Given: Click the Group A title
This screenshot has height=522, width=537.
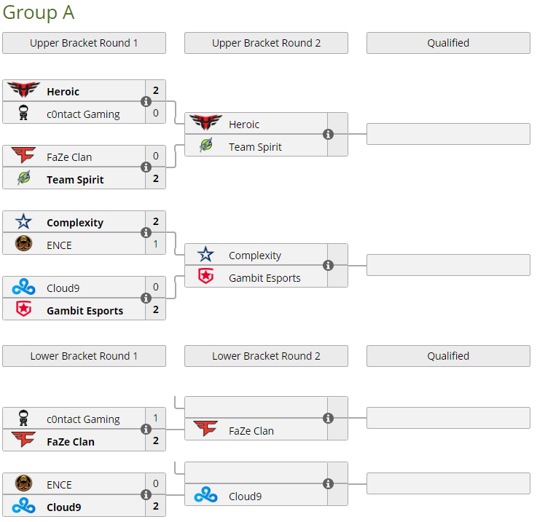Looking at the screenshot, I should pos(39,12).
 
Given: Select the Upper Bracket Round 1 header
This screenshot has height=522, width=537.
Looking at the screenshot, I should pos(84,43).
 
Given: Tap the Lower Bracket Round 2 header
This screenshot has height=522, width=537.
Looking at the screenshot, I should pos(266,356).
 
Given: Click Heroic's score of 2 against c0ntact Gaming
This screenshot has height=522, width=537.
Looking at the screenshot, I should pos(156,91).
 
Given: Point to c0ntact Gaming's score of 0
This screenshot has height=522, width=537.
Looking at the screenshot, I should pos(156,114).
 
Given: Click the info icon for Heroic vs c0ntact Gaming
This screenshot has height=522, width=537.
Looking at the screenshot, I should pos(146,102).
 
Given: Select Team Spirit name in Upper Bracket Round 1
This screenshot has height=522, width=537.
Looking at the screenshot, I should pos(75,179).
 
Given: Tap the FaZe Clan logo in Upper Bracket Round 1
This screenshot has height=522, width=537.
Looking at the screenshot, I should pos(23,156).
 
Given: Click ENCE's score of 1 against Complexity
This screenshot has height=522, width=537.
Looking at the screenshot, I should pos(156,245).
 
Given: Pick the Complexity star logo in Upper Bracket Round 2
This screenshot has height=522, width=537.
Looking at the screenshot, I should pos(206,255).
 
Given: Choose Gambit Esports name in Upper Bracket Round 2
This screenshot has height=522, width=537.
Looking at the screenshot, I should pos(264,277).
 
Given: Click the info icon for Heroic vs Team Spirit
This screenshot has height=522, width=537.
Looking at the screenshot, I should pos(328,135).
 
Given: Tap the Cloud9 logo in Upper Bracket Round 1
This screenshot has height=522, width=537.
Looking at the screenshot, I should pos(23,287).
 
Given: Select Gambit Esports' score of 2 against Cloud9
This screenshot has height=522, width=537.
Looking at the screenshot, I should pos(156,309).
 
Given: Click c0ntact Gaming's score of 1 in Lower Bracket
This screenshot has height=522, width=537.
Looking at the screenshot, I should pos(156,419).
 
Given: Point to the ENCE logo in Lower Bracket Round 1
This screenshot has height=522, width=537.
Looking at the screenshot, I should pos(23,483).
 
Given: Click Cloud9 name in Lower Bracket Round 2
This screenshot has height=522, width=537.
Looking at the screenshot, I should pos(245,496).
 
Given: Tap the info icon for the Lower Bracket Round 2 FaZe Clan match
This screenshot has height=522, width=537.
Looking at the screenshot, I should pos(328,419).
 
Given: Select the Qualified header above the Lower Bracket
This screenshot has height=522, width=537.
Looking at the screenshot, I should pos(448,356).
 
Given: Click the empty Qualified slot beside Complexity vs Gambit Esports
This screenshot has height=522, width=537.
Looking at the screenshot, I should pos(448,265).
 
